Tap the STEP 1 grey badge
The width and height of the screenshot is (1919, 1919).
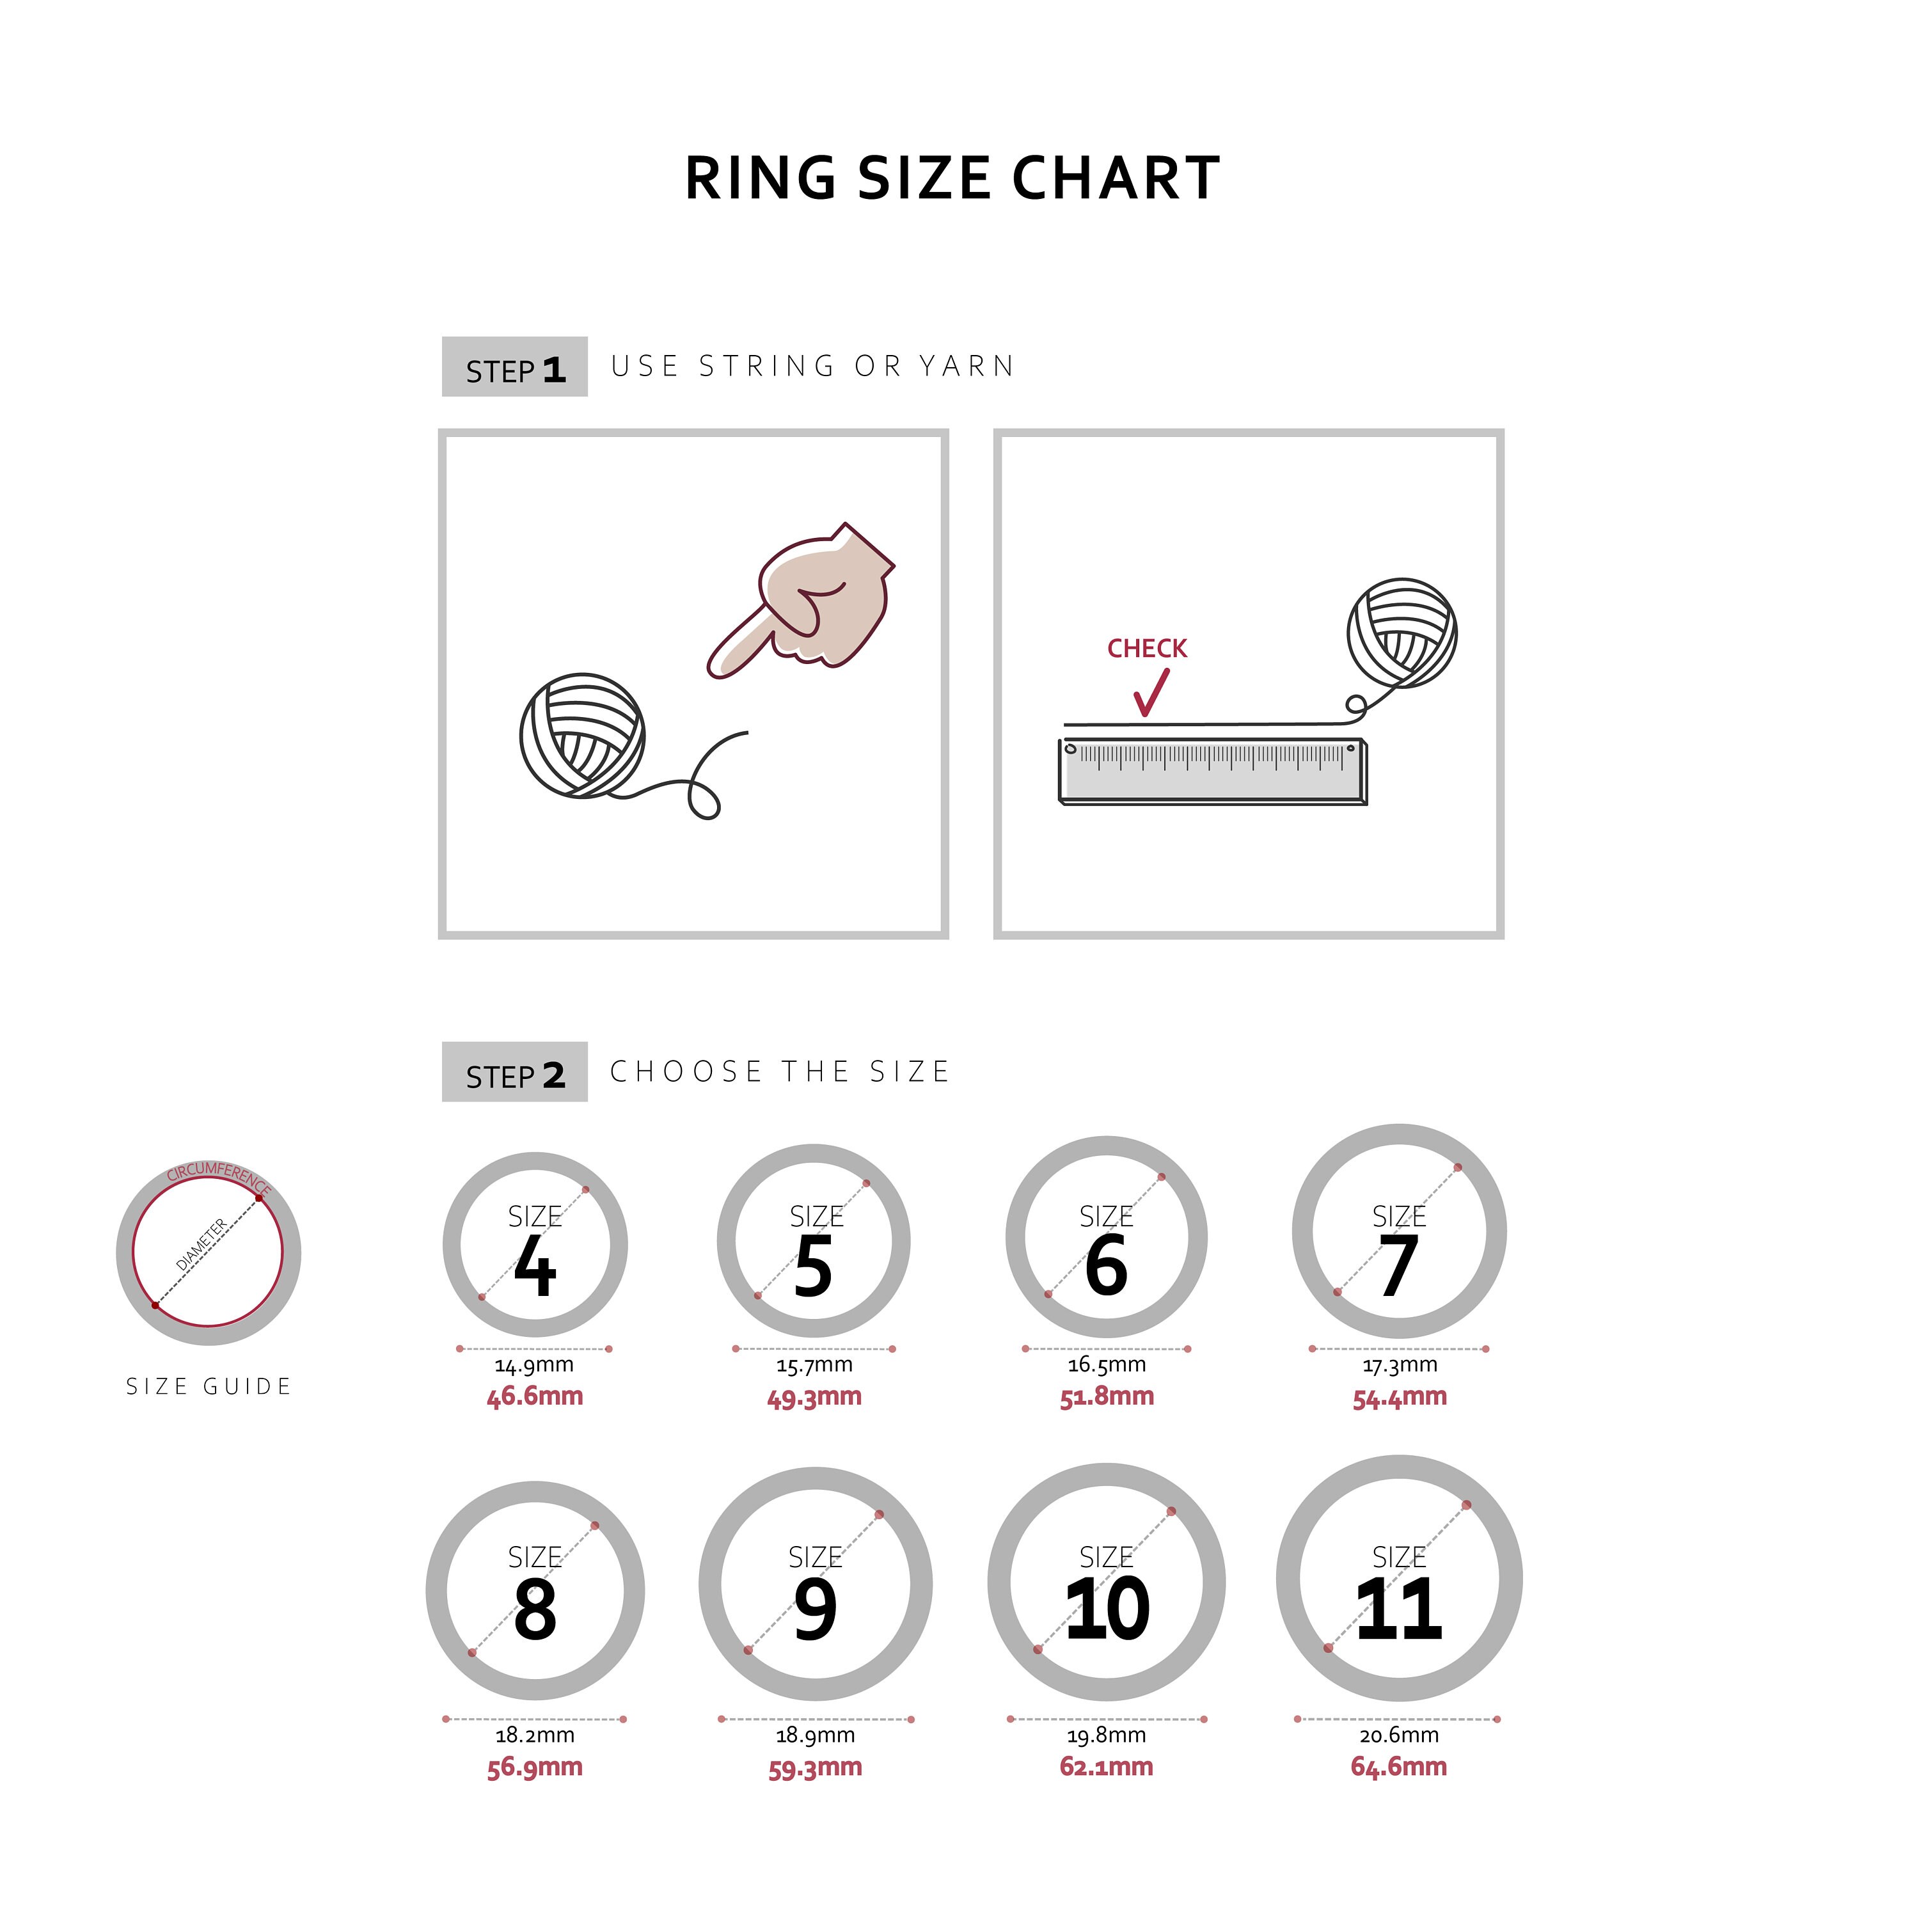click(x=514, y=368)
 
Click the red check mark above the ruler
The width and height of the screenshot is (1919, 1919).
click(x=1150, y=692)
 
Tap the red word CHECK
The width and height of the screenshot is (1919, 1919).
click(x=1147, y=649)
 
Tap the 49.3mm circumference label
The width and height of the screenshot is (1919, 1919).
click(x=814, y=1396)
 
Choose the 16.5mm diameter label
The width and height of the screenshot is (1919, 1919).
click(x=1107, y=1365)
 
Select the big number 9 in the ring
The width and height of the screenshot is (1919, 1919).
click(x=816, y=1609)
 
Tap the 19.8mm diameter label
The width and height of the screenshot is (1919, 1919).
click(x=1107, y=1735)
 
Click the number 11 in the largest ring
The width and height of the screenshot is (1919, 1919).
click(x=1398, y=1609)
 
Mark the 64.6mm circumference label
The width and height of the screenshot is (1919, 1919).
click(x=1398, y=1766)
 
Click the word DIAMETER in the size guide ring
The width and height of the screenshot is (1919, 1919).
click(x=201, y=1244)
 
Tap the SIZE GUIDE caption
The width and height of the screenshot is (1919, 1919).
click(x=209, y=1387)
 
